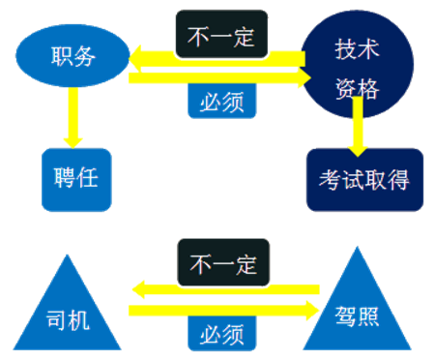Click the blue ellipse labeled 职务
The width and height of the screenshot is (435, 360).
point(72,56)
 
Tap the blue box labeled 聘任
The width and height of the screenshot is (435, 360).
point(76,179)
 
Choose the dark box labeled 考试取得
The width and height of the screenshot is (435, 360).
point(364,180)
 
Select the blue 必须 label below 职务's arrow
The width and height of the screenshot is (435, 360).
point(222,100)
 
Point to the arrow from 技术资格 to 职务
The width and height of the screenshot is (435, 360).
point(217,60)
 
